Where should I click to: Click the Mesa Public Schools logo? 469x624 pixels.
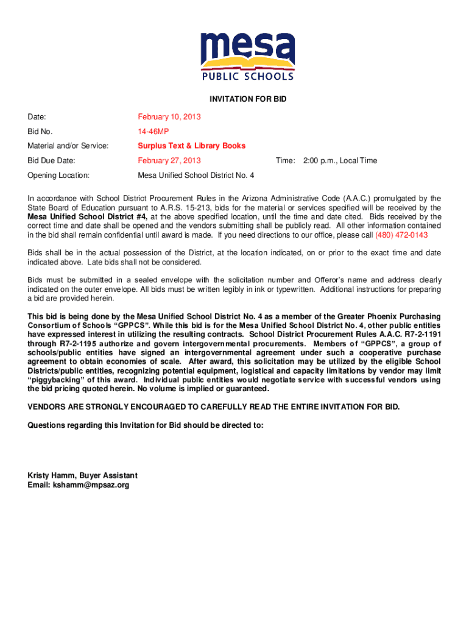(x=248, y=56)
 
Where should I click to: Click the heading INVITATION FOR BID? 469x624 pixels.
(x=248, y=99)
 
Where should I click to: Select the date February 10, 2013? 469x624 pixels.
(x=169, y=116)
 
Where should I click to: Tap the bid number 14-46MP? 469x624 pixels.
(x=153, y=131)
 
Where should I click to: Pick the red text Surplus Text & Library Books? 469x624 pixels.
(x=192, y=146)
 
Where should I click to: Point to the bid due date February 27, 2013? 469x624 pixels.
(x=169, y=160)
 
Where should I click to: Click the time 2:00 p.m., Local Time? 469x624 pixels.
(x=340, y=160)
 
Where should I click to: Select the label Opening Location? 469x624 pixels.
(x=58, y=175)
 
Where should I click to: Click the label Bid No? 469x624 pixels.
(x=40, y=131)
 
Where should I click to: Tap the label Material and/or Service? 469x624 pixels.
(x=68, y=146)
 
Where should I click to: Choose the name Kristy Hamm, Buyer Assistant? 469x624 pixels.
(x=83, y=475)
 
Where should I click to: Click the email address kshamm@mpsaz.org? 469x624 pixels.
(x=79, y=485)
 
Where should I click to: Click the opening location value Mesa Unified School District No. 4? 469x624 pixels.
(x=196, y=175)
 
